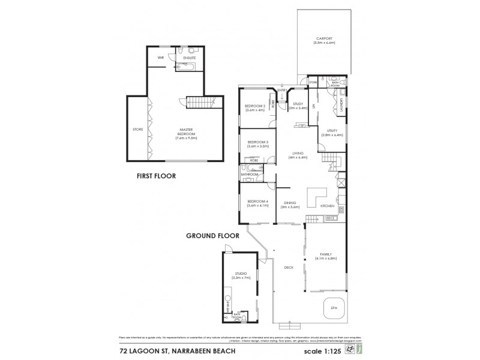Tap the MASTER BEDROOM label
tap(187, 133)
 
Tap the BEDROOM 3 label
tap(257, 143)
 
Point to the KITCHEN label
tap(327, 206)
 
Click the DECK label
tap(289, 268)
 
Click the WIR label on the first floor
tap(161, 58)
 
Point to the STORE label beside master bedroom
tap(137, 130)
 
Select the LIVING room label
tap(298, 155)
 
